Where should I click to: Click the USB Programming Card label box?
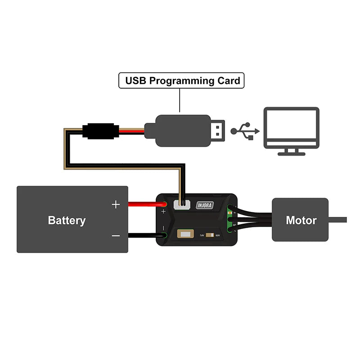click(x=181, y=81)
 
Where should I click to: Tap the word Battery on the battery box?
click(x=67, y=220)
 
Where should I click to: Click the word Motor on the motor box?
click(x=301, y=220)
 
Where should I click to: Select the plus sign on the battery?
click(x=116, y=205)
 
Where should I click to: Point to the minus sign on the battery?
click(x=116, y=235)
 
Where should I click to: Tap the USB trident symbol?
click(x=246, y=131)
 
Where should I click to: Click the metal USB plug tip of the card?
click(x=218, y=130)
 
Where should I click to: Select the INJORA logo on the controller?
click(x=205, y=206)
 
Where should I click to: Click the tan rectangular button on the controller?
click(x=184, y=234)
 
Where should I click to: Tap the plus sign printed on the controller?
click(x=163, y=211)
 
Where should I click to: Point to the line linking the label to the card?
click(x=180, y=100)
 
